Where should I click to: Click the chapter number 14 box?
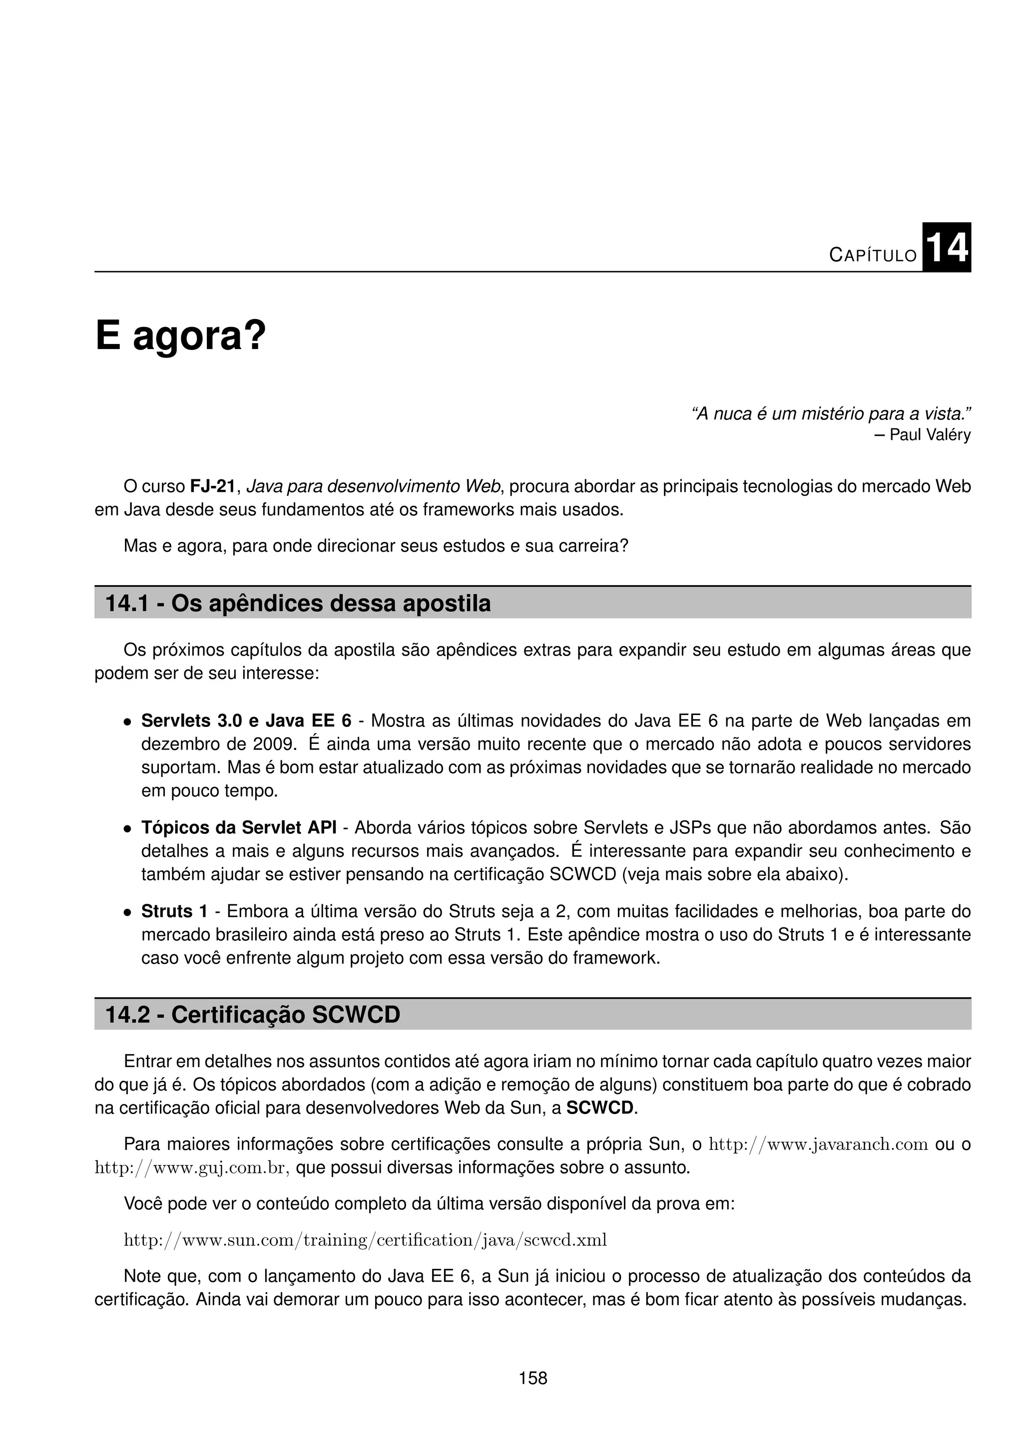(x=946, y=248)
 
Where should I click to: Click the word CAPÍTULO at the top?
(x=873, y=255)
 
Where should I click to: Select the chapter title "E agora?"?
(x=181, y=337)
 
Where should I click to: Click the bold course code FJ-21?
(x=212, y=486)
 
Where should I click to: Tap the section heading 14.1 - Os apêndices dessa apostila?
(x=297, y=603)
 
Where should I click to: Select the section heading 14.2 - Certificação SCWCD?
(x=253, y=1015)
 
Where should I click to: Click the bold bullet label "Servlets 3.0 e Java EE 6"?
(x=246, y=721)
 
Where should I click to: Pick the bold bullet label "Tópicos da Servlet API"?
(x=239, y=827)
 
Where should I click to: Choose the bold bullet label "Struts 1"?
(x=174, y=911)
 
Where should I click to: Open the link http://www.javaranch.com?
(x=818, y=1144)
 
